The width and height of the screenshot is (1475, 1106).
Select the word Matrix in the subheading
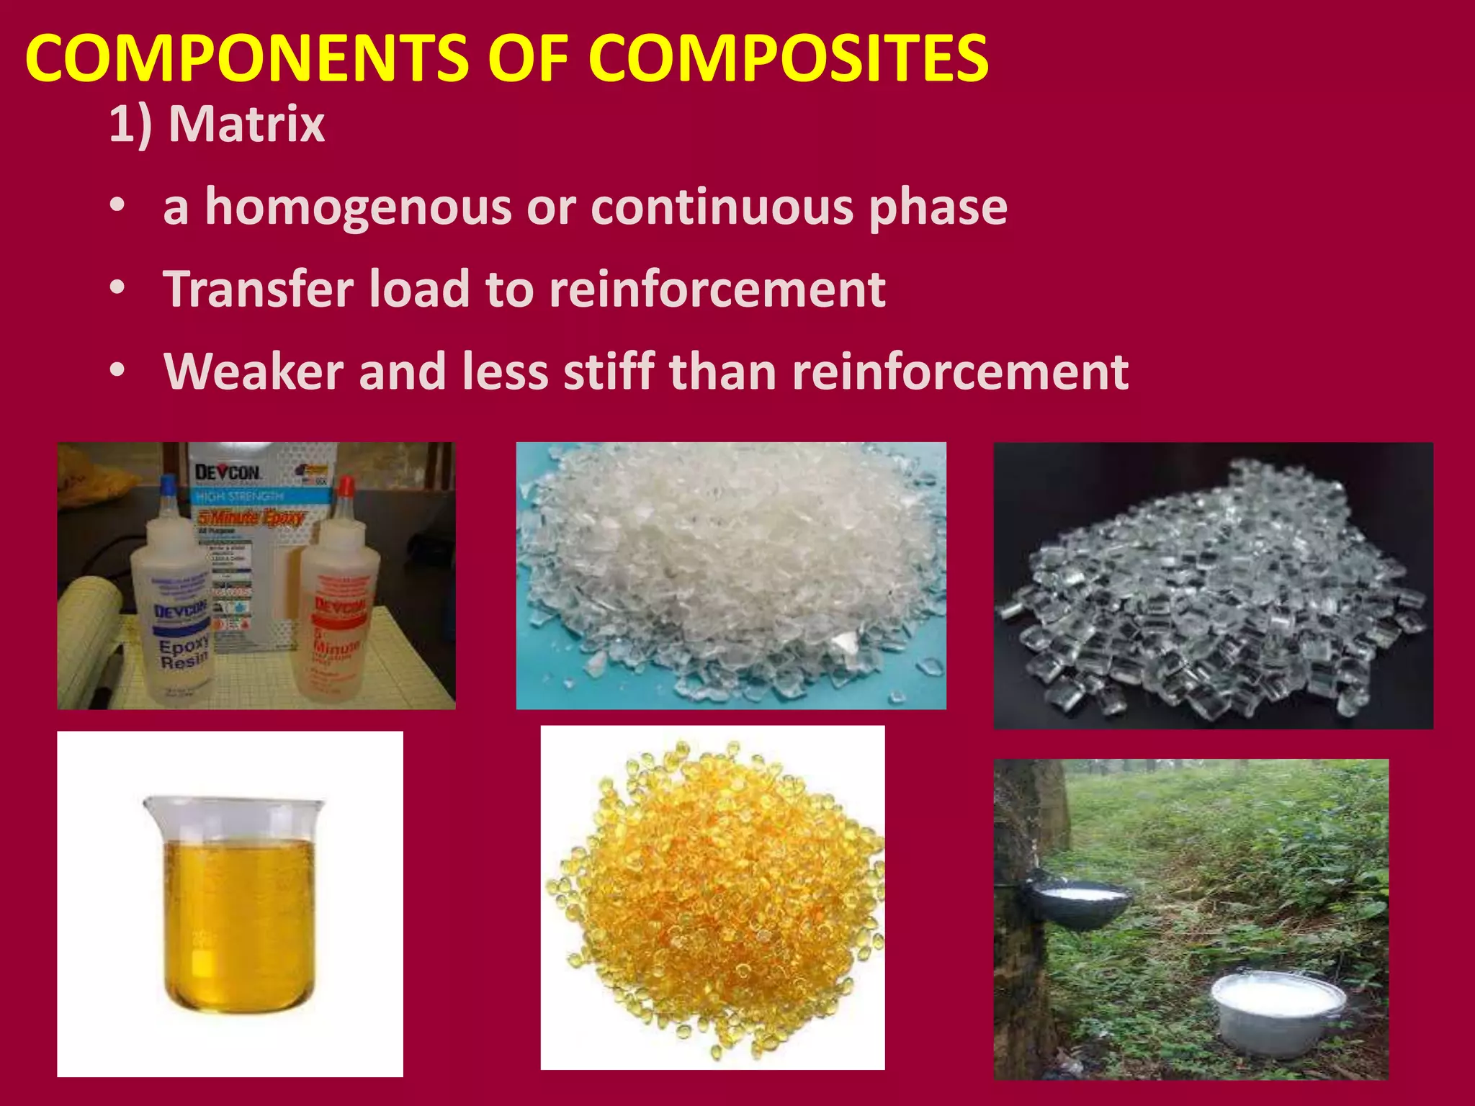coord(246,125)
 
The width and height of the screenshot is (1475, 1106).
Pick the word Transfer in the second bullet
coord(258,289)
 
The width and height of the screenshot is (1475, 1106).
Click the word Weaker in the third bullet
coord(254,372)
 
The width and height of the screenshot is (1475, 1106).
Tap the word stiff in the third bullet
coord(609,372)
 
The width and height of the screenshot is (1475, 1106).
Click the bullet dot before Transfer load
coord(117,289)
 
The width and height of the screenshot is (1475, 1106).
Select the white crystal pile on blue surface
coord(730,569)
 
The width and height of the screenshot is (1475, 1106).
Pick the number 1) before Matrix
coord(130,125)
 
